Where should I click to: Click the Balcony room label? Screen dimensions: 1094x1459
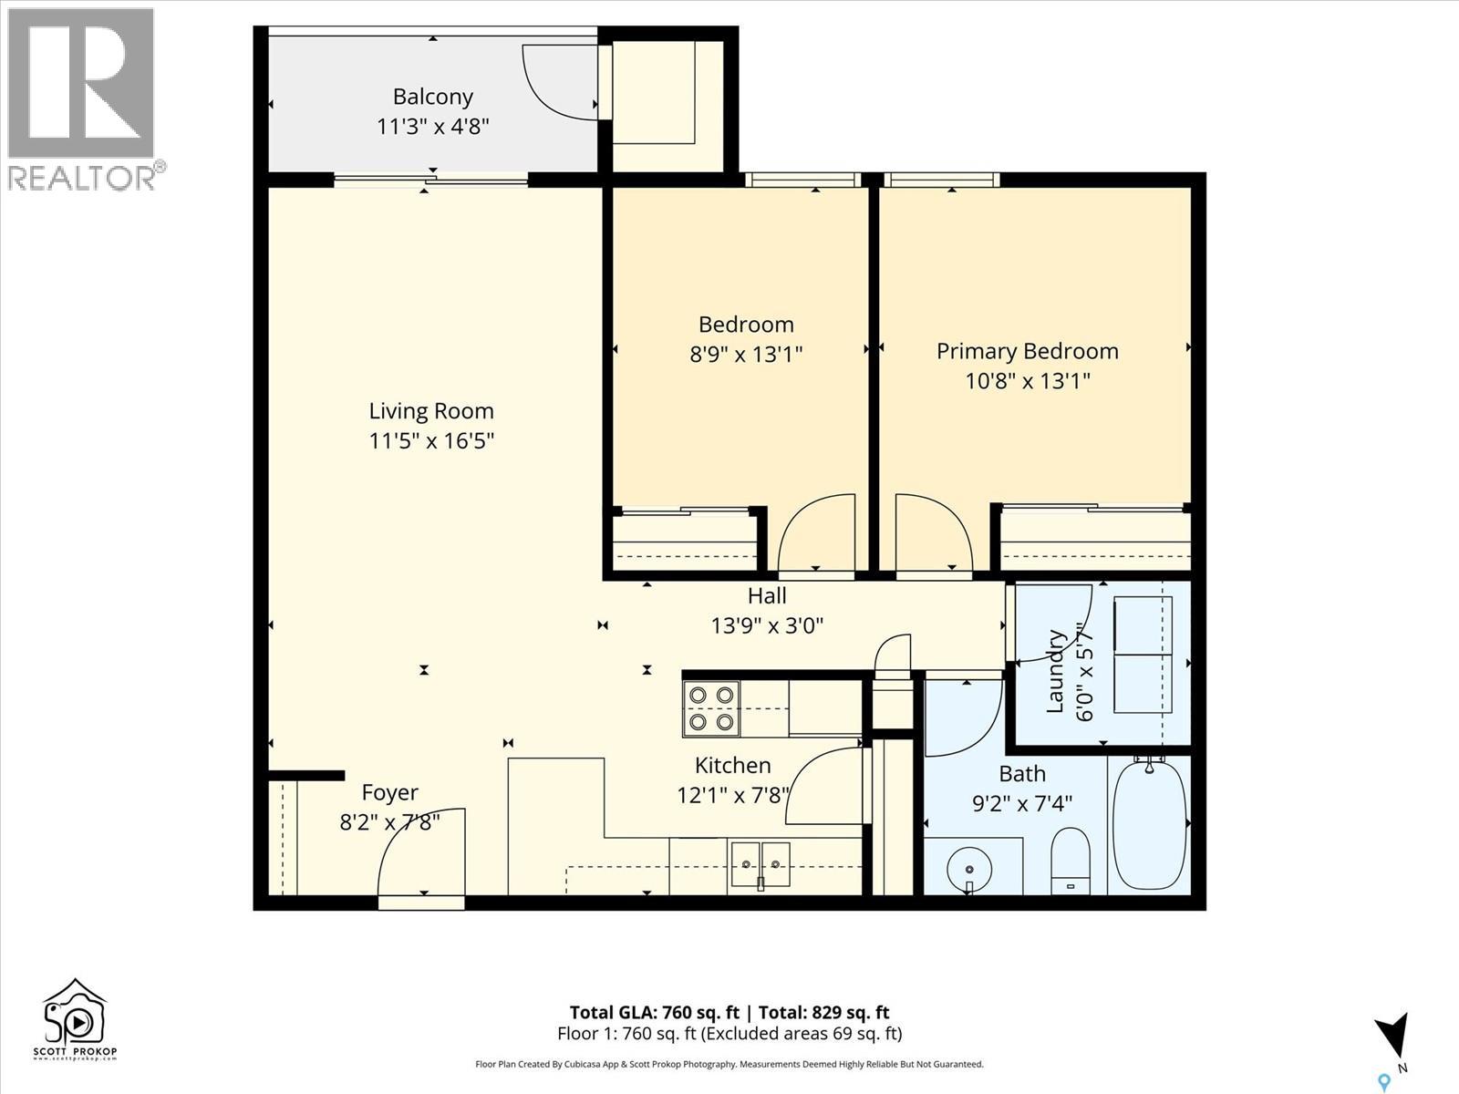432,97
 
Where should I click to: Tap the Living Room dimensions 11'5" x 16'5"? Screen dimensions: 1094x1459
431,441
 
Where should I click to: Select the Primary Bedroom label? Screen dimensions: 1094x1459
1027,351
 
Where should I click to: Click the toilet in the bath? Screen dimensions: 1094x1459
1071,861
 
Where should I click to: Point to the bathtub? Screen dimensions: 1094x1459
1150,825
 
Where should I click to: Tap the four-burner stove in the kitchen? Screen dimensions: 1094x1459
711,708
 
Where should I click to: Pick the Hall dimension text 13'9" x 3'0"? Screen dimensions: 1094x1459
767,625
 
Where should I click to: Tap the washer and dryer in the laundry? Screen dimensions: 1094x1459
1142,655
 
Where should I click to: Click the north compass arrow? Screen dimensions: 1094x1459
1392,1038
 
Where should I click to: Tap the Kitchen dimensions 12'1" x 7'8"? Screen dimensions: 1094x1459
732,795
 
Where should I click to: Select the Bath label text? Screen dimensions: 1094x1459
1021,774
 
